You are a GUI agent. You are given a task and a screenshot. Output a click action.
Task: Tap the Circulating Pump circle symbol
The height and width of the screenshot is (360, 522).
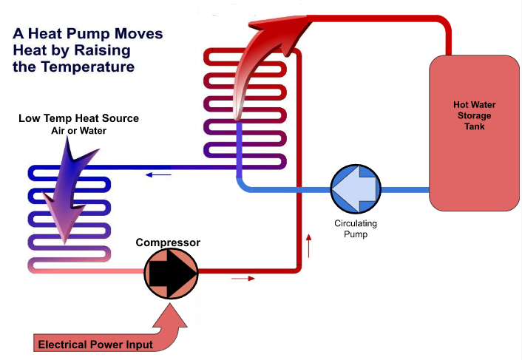[354, 190]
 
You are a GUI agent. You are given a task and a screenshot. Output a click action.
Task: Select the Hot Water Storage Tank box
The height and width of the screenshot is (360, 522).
[473, 133]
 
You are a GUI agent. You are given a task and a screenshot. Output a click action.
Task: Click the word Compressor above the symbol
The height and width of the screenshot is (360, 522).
[168, 242]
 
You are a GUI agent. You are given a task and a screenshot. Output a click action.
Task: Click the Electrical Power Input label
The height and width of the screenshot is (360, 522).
[95, 344]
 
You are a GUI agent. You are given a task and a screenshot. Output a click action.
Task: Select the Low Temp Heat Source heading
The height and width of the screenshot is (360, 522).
[79, 118]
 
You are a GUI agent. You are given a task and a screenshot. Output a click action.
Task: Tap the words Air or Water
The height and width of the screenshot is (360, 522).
[79, 131]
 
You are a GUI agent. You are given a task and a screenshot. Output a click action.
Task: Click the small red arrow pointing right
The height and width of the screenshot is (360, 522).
[243, 279]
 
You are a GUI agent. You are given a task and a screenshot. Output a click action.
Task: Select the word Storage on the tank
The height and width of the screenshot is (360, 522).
[472, 116]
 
